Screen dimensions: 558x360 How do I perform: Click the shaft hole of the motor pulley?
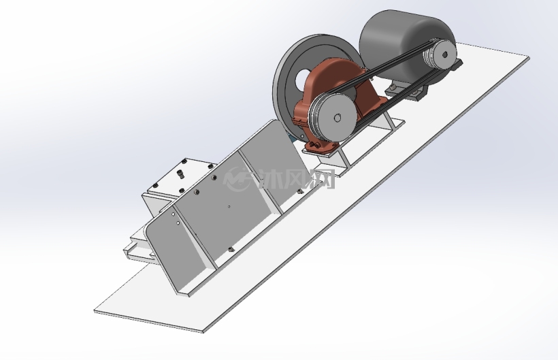pos(444,54)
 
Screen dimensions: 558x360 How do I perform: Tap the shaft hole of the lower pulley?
pos(338,118)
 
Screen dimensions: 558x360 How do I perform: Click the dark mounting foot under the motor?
pos(406,91)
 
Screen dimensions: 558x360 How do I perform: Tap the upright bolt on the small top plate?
pos(181,174)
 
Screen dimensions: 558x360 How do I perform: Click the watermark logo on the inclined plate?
pos(236,179)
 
